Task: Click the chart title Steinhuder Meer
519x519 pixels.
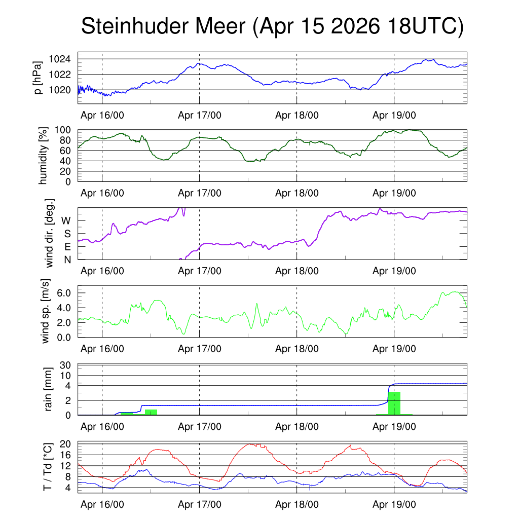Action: click(163, 26)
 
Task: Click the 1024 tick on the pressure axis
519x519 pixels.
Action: click(60, 59)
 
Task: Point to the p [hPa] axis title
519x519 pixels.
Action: click(38, 78)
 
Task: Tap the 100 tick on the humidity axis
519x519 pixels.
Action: click(62, 130)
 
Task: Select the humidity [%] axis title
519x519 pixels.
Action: click(43, 156)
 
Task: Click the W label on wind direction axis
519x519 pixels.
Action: click(66, 221)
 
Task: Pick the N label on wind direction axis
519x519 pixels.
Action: click(67, 260)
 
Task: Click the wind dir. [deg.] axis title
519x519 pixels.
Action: click(49, 233)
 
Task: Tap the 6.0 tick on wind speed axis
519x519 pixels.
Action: click(64, 293)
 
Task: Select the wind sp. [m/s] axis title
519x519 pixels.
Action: click(45, 311)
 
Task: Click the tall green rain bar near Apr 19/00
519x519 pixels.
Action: click(394, 403)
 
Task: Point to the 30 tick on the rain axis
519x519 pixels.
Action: click(65, 365)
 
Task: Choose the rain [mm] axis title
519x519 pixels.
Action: click(48, 389)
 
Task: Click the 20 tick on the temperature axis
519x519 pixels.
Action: click(65, 444)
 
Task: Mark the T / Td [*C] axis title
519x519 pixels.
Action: click(48, 467)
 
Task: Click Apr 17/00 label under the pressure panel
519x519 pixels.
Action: click(200, 115)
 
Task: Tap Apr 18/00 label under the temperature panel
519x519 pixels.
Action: click(297, 504)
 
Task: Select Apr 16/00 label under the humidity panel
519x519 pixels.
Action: click(102, 193)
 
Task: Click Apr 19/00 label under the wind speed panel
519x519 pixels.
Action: click(394, 349)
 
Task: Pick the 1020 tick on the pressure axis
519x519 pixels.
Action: click(60, 90)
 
